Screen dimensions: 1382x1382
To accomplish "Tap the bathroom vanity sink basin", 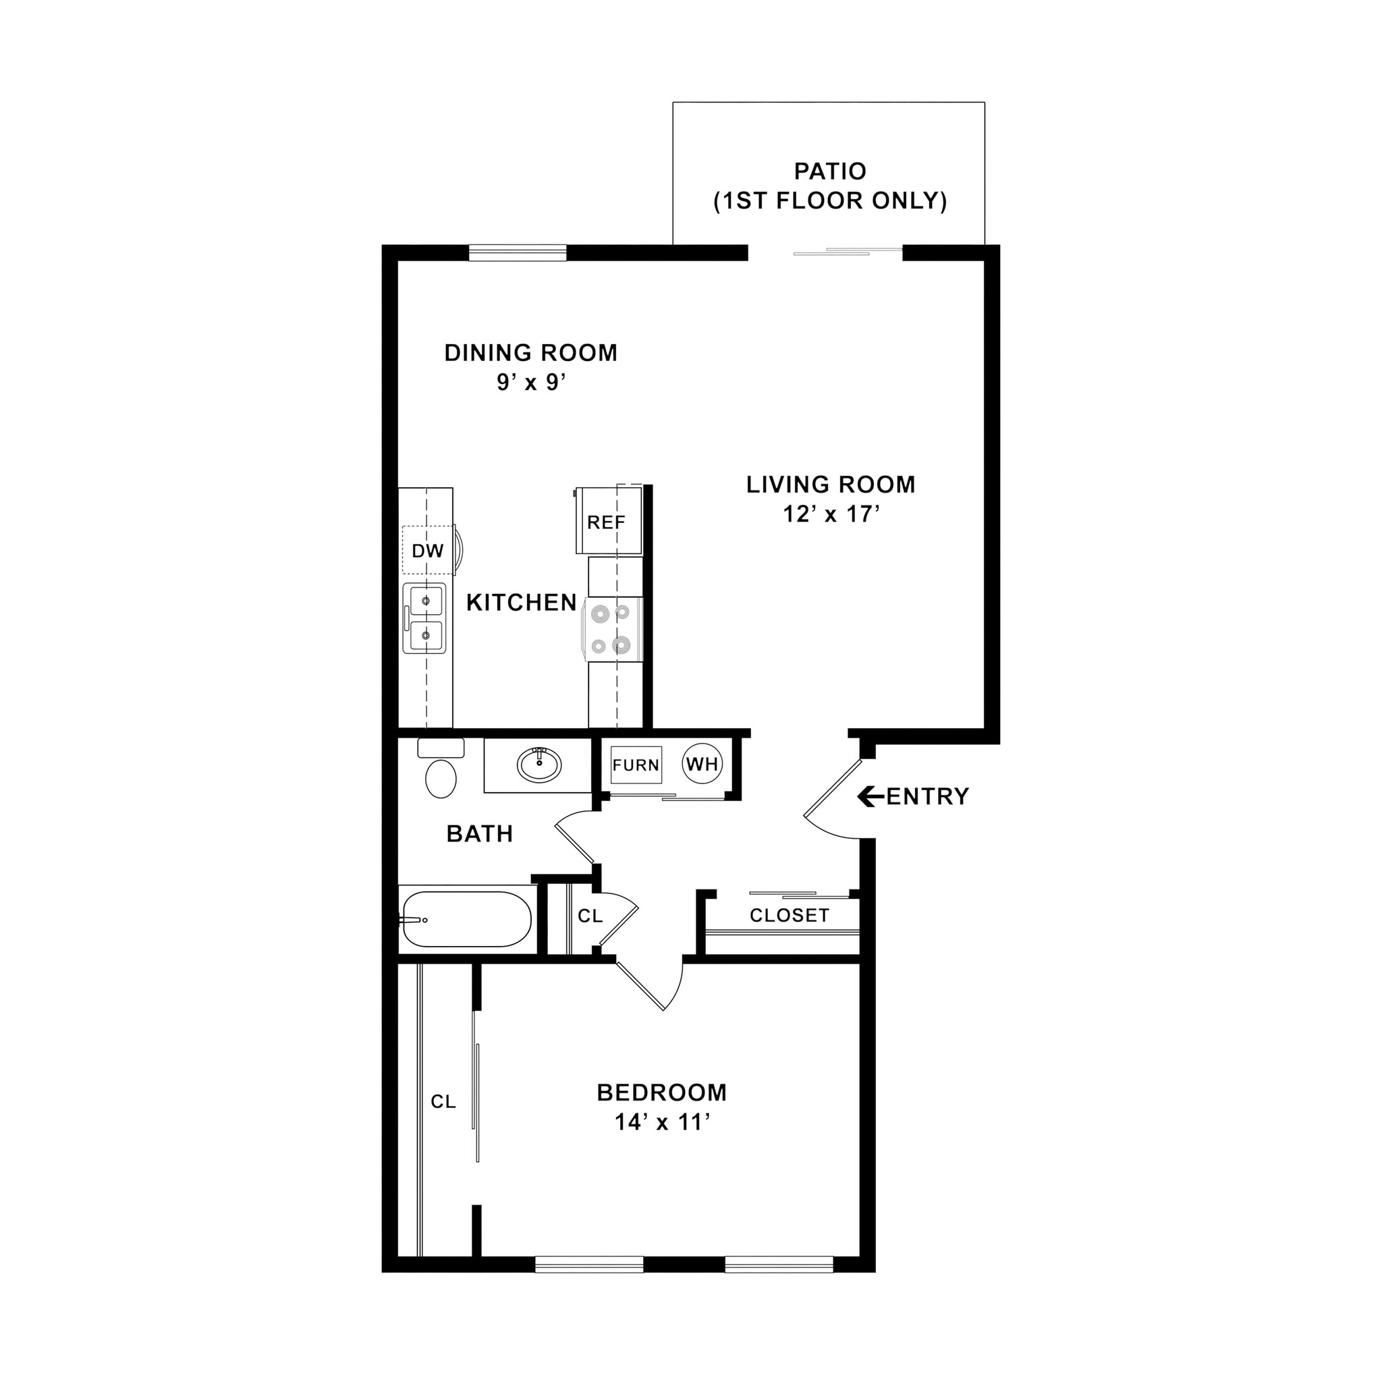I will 539,765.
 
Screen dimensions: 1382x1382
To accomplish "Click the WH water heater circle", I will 702,764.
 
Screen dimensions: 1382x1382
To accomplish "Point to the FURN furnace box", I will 635,765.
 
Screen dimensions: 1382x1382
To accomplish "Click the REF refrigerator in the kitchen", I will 607,522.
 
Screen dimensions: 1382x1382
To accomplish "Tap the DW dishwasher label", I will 428,551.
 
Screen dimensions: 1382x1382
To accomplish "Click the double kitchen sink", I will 425,618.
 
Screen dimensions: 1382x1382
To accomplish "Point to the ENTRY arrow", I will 869,796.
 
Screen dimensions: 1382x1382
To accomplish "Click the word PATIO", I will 830,171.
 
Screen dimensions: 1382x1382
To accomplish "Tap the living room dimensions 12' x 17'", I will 831,514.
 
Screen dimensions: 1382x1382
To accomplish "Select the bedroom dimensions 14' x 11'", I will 663,1122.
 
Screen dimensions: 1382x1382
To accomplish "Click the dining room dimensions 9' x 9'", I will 532,383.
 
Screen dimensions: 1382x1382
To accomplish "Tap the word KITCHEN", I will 522,603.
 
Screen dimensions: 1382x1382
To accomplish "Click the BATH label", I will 479,833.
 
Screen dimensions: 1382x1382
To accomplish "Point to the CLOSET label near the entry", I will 789,915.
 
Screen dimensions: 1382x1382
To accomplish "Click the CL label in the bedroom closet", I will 443,1101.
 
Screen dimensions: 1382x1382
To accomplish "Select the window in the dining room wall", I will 517,252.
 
